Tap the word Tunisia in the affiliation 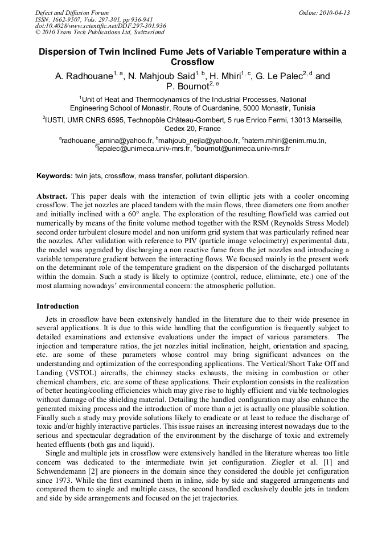300,108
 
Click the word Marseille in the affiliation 325,120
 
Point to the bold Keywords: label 54,176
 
